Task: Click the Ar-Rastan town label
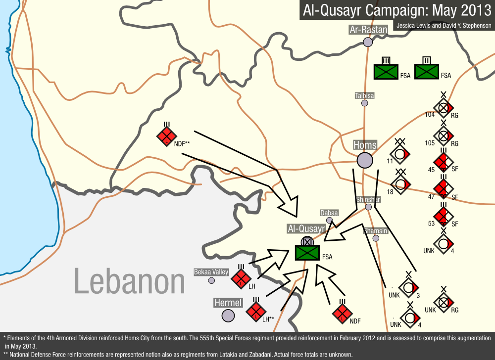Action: (x=368, y=30)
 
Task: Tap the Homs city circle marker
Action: (x=365, y=160)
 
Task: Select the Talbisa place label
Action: (x=365, y=95)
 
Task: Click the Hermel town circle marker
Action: (x=228, y=315)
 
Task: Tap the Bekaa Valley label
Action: (x=211, y=272)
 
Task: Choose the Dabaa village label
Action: (x=329, y=213)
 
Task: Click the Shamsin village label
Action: (x=375, y=231)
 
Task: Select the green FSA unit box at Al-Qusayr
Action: (x=307, y=253)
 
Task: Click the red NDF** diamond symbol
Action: (x=167, y=135)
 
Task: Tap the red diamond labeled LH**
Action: (x=255, y=312)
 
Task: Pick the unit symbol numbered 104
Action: (x=444, y=107)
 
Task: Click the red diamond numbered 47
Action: (x=444, y=188)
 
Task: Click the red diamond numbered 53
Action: (x=444, y=216)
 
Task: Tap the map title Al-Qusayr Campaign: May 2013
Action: (x=396, y=10)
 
